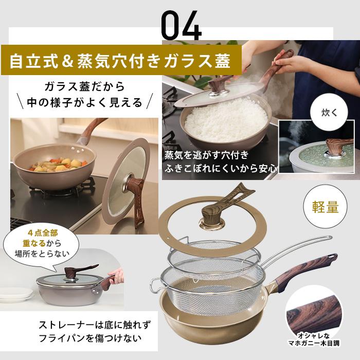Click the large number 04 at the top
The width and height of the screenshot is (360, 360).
coord(181,24)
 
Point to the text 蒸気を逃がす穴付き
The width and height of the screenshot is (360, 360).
coord(207,155)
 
